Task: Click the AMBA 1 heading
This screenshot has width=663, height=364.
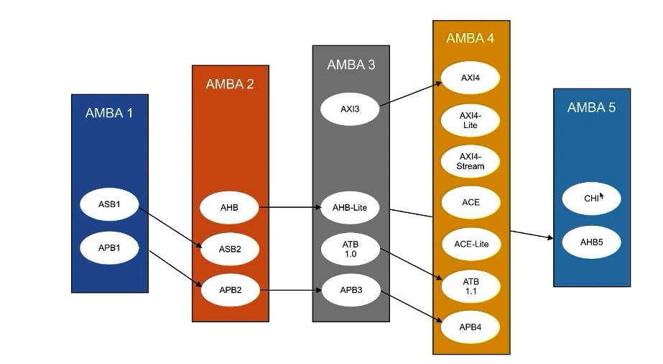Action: [109, 113]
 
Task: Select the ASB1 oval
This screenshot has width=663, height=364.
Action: [109, 204]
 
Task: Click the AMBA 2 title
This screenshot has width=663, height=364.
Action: [230, 84]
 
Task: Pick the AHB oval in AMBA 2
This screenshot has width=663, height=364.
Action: [229, 208]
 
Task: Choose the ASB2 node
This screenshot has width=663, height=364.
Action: [230, 249]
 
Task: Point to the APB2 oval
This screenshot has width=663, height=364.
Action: [230, 290]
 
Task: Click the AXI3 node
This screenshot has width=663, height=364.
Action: [350, 109]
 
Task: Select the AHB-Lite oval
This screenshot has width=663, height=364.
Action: [350, 208]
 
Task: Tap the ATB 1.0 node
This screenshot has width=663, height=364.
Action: [350, 249]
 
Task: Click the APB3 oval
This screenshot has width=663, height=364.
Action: [350, 290]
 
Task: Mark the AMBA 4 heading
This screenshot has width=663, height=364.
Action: [470, 39]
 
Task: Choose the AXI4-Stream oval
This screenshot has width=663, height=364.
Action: [470, 161]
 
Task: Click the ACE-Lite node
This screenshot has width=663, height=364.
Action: [470, 244]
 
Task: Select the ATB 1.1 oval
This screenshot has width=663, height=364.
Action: [470, 286]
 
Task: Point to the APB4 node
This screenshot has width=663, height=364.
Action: [470, 327]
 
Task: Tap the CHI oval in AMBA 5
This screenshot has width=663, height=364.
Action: [591, 199]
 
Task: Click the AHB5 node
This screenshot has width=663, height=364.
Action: [591, 242]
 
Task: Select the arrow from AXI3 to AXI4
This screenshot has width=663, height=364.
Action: [410, 95]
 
